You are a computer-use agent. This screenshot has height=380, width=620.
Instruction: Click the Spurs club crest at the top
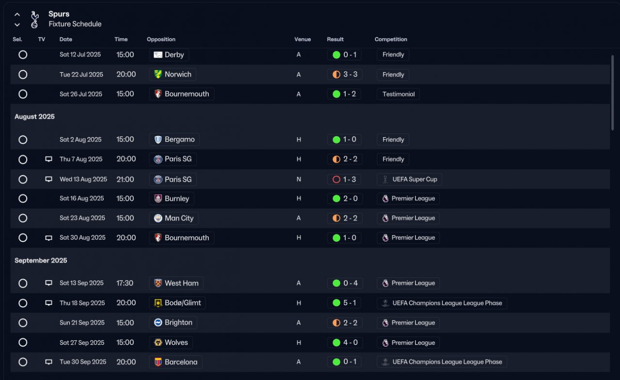34,19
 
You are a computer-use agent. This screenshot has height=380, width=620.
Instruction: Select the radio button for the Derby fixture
23,55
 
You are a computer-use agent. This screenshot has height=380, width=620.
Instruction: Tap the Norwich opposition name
178,75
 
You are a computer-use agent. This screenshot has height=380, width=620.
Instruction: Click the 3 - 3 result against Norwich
345,75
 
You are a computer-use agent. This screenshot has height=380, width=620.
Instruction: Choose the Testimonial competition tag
398,94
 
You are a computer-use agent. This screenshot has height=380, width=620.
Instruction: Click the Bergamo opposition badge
158,140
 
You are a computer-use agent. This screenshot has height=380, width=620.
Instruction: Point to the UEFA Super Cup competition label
409,179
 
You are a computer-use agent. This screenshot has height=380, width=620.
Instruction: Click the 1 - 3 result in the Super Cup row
345,179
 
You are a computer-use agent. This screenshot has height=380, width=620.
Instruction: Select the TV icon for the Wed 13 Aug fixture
48,179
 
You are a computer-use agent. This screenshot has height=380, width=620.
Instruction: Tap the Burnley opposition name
177,199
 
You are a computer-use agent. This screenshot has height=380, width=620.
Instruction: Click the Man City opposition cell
174,218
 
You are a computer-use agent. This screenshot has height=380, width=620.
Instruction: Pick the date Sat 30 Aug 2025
82,238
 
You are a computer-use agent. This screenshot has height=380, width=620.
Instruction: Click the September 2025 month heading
41,260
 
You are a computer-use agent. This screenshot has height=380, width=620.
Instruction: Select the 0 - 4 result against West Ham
345,283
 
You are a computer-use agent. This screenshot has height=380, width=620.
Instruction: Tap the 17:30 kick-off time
125,283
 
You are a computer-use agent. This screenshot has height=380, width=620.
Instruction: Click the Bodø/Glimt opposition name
183,303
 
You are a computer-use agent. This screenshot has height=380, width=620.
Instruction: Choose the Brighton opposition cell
173,323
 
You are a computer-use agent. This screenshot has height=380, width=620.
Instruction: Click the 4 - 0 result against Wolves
345,343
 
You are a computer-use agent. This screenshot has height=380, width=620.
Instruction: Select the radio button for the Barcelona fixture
23,362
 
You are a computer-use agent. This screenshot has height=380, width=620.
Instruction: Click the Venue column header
302,39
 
